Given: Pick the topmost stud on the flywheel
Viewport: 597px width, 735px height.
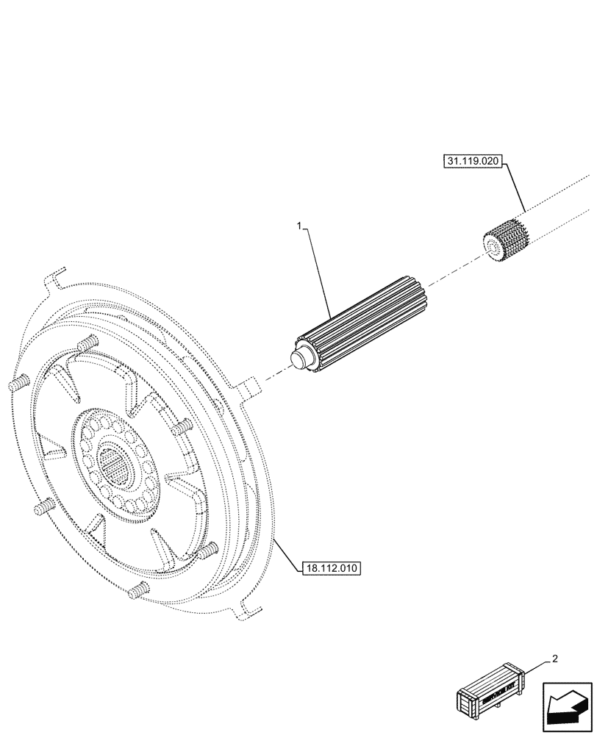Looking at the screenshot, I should click(x=87, y=342).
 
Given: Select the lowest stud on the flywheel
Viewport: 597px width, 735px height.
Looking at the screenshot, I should click(x=138, y=589).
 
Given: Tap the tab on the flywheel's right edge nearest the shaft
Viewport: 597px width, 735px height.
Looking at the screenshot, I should click(x=249, y=387).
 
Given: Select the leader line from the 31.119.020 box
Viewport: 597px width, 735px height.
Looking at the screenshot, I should click(x=515, y=187).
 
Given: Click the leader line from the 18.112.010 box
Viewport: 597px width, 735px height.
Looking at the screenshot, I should click(x=286, y=553).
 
